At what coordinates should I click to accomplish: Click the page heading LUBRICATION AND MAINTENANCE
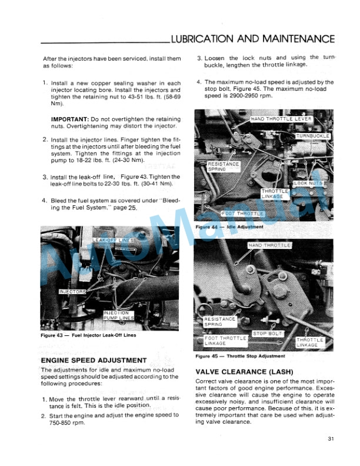pos(252,39)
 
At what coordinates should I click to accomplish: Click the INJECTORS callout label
pos(72,291)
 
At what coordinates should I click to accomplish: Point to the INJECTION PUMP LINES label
pos(118,315)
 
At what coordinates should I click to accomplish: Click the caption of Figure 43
pos(88,335)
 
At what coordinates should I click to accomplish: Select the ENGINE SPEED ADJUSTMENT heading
pos(93,360)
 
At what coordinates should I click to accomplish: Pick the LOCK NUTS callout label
pos(308,184)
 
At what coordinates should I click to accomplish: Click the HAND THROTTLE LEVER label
pos(281,119)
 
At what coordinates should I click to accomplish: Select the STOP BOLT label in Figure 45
pos(268,334)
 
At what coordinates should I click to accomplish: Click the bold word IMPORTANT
pos(70,119)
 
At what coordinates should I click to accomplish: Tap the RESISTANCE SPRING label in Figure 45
pos(219,321)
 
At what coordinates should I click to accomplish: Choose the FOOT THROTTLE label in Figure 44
pos(243,213)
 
